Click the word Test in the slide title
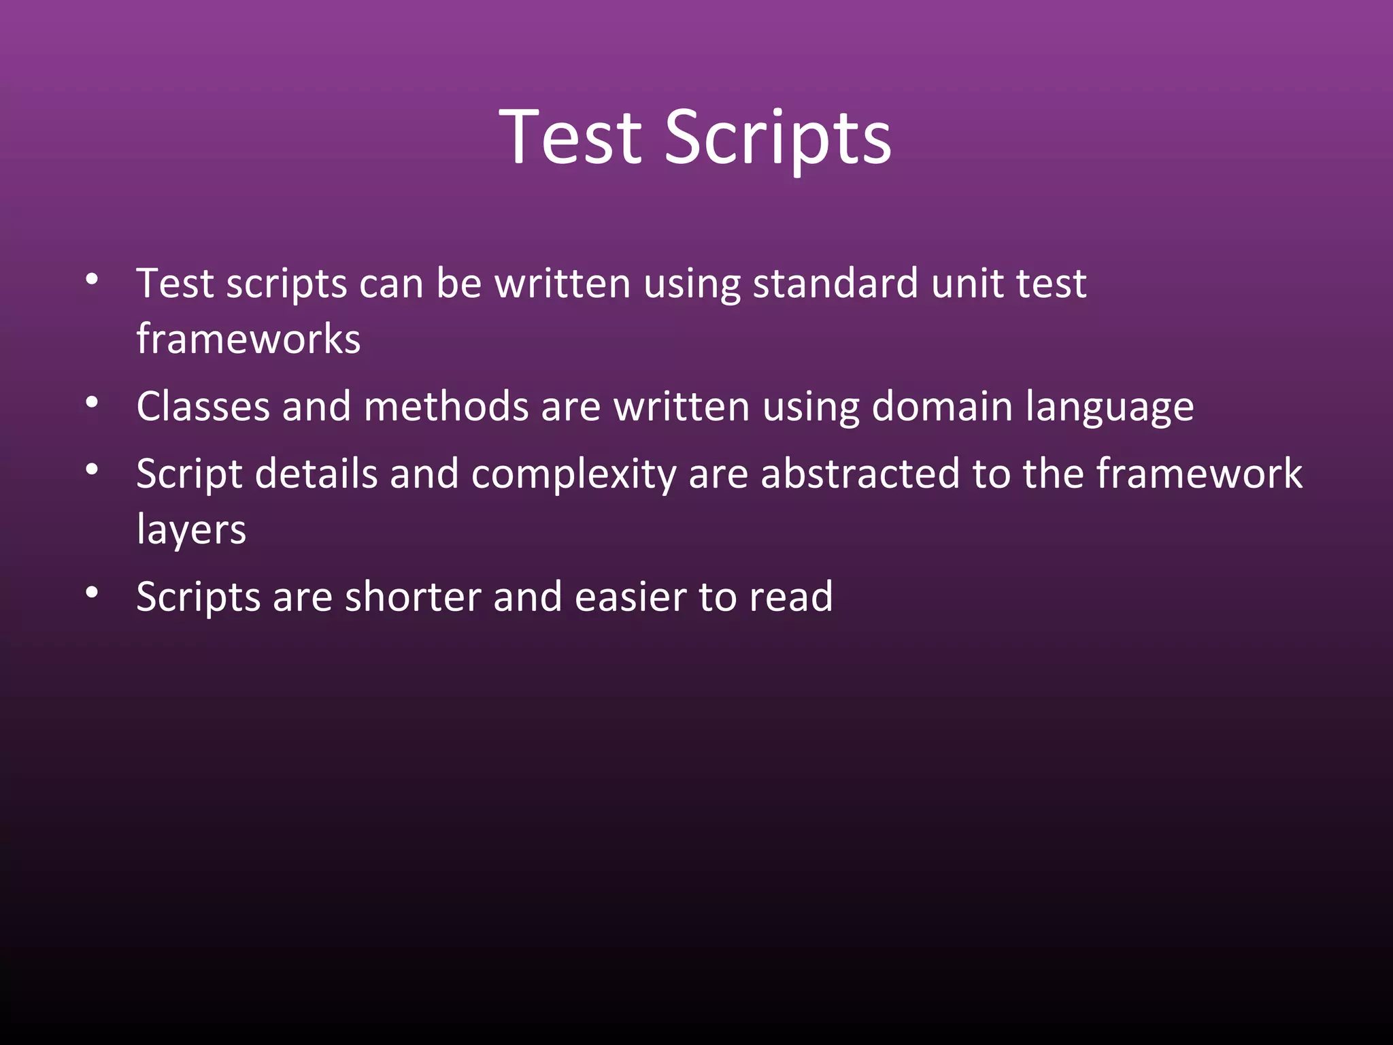[570, 137]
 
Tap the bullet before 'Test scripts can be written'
[92, 279]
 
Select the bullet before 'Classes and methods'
[92, 403]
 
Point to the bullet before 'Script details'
[92, 469]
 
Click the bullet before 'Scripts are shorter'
[92, 593]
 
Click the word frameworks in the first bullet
[248, 339]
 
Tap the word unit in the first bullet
[967, 283]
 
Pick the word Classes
[203, 406]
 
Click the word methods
[446, 406]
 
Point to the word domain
[942, 406]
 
